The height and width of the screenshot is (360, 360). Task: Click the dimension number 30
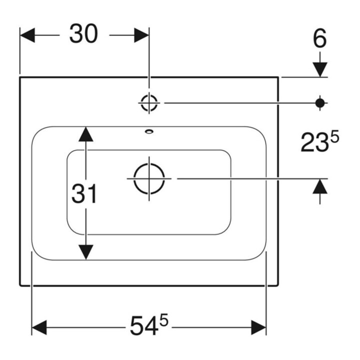click(x=84, y=33)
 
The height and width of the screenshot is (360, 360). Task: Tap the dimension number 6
click(x=319, y=38)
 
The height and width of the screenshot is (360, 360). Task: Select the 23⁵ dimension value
click(x=320, y=142)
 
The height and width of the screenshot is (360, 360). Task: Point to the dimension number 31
click(x=84, y=194)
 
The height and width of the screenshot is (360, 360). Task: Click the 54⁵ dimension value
click(x=149, y=324)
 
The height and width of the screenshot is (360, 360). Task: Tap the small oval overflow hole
click(x=149, y=131)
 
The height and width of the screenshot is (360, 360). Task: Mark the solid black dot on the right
click(x=320, y=103)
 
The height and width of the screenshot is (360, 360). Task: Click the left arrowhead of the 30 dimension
click(x=27, y=35)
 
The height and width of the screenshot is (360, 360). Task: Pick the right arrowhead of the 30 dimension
click(x=141, y=35)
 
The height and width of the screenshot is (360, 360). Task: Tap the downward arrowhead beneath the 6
click(x=320, y=69)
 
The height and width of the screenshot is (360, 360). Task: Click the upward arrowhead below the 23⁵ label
click(x=320, y=186)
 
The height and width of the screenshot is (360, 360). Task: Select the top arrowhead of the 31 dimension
click(x=86, y=134)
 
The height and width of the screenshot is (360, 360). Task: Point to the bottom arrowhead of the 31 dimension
click(x=86, y=252)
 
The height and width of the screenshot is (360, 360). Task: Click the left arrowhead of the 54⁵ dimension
click(x=39, y=327)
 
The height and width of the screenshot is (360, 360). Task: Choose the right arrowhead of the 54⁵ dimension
click(x=258, y=327)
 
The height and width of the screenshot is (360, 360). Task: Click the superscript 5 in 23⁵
click(x=334, y=138)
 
